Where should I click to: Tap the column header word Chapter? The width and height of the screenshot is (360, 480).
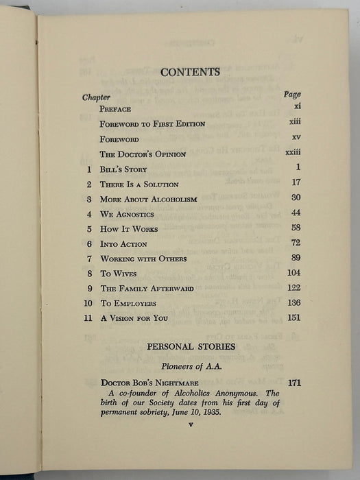[x=96, y=97]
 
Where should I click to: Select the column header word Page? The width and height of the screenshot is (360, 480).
[x=291, y=95]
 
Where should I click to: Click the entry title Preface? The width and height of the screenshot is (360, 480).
[x=115, y=109]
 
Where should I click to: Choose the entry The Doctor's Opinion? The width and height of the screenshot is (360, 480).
[x=143, y=154]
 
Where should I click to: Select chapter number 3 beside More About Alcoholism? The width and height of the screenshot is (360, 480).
[x=89, y=200]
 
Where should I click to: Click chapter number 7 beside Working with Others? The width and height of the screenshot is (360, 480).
[x=89, y=259]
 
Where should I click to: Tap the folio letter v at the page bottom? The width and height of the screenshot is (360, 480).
[x=191, y=425]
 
